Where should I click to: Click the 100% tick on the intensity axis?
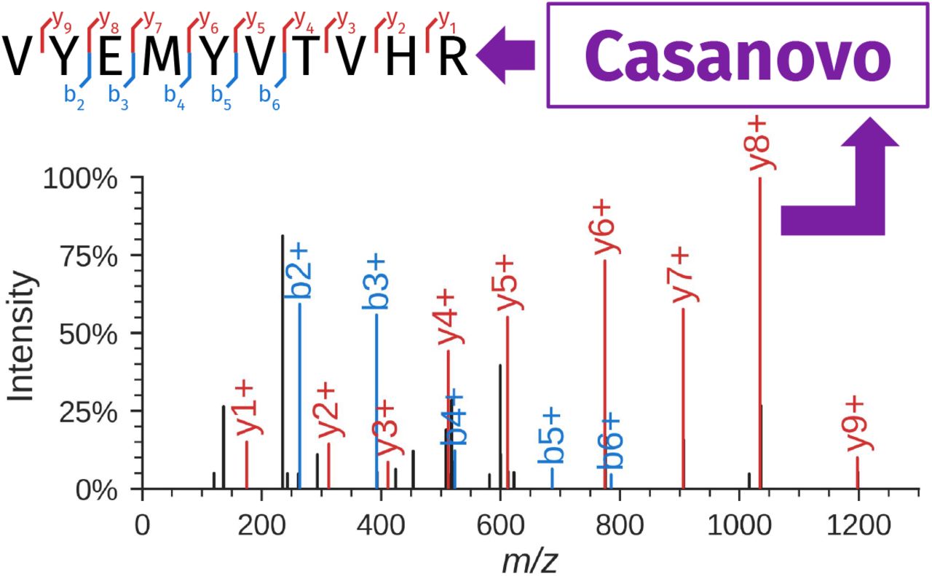click(80, 178)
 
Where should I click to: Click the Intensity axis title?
click(22, 336)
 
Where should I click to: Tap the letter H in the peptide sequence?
click(403, 57)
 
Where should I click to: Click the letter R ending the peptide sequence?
click(453, 57)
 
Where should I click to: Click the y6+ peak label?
click(604, 227)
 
